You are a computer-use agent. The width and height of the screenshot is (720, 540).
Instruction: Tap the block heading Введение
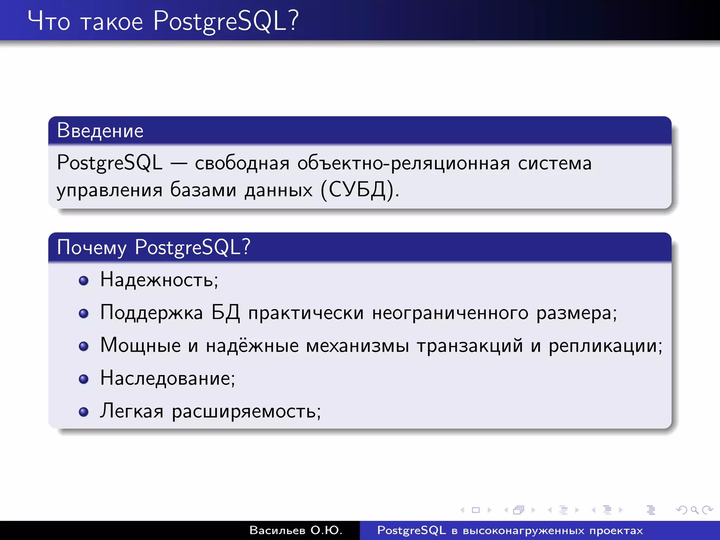(x=100, y=131)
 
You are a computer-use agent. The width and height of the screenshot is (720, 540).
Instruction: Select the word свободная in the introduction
(x=242, y=163)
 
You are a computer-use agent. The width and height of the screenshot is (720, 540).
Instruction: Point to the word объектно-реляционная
(x=404, y=163)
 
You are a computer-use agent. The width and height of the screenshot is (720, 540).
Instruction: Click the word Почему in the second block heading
(x=91, y=247)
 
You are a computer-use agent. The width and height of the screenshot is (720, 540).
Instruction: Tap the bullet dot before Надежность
(x=84, y=281)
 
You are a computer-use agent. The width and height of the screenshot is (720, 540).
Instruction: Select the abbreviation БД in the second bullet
(x=225, y=313)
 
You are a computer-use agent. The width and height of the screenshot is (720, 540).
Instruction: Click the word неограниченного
(x=450, y=313)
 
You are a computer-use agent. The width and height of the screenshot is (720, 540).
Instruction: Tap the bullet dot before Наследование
(x=84, y=379)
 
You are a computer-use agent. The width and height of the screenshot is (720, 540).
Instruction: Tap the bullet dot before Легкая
(x=84, y=412)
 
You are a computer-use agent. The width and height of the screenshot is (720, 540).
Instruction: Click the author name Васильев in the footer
(x=277, y=530)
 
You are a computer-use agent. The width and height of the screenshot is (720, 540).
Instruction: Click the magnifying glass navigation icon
(x=694, y=510)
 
